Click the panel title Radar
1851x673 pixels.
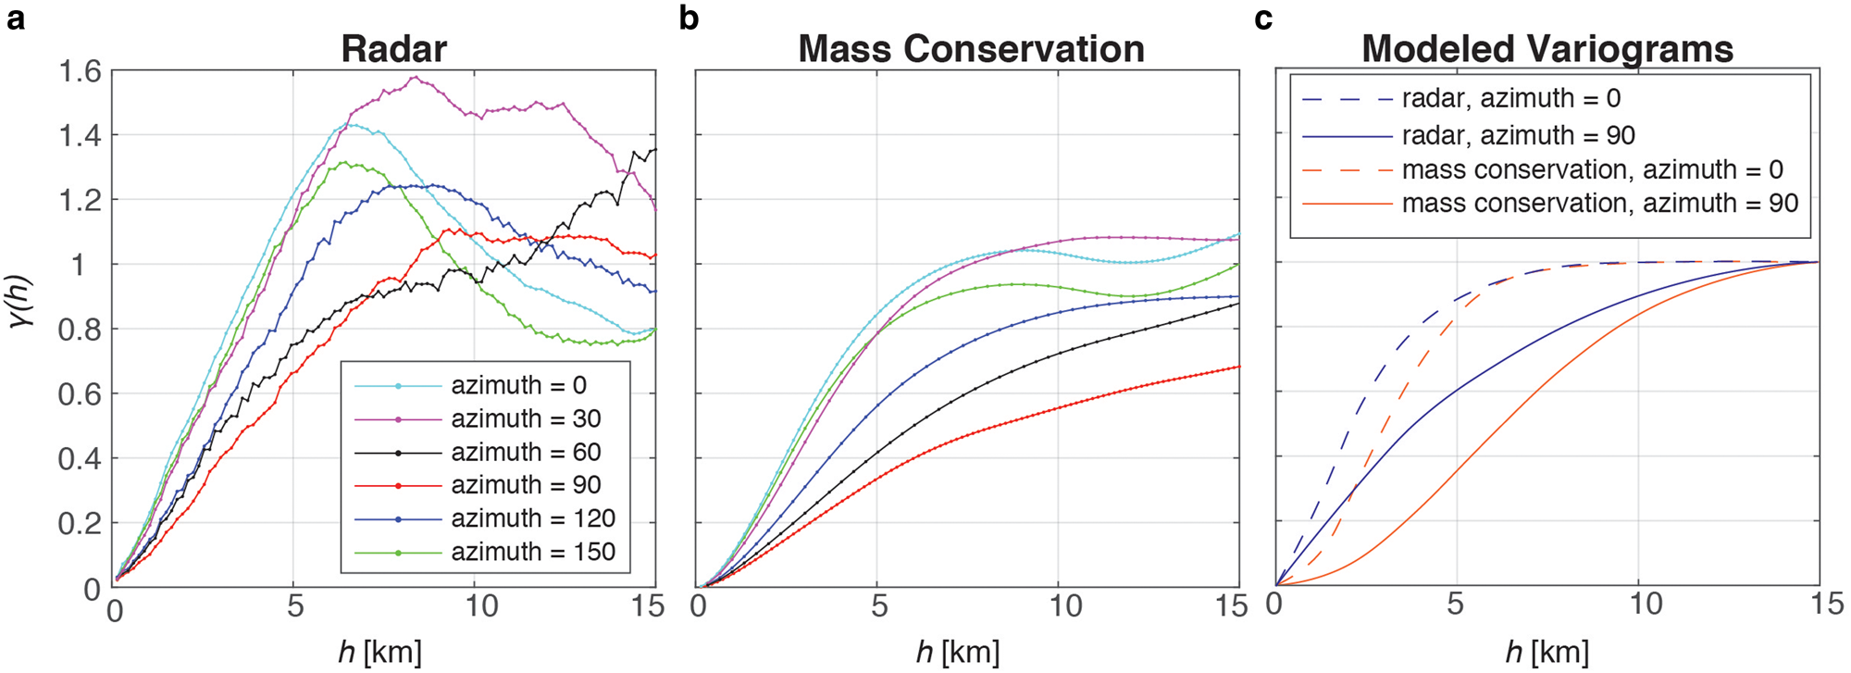point(393,48)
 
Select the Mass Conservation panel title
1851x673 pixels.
point(971,48)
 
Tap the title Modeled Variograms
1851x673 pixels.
point(1547,48)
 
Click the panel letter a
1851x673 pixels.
point(16,17)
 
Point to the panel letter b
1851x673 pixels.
point(689,17)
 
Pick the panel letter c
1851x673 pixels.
point(1263,17)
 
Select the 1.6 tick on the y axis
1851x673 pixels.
point(80,70)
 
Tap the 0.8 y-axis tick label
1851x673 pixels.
point(80,330)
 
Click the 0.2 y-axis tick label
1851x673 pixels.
point(80,524)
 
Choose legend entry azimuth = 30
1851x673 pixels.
point(526,419)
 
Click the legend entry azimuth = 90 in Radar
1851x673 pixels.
point(526,485)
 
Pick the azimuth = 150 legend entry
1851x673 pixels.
point(533,552)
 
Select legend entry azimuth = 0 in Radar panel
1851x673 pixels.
point(518,385)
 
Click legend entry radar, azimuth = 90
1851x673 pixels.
point(1518,135)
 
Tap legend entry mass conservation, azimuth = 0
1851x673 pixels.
point(1592,169)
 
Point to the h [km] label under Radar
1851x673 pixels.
point(379,652)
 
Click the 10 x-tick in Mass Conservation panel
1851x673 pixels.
point(1065,606)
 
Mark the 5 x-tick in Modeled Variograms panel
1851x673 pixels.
point(1455,604)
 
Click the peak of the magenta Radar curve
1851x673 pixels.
point(415,77)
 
